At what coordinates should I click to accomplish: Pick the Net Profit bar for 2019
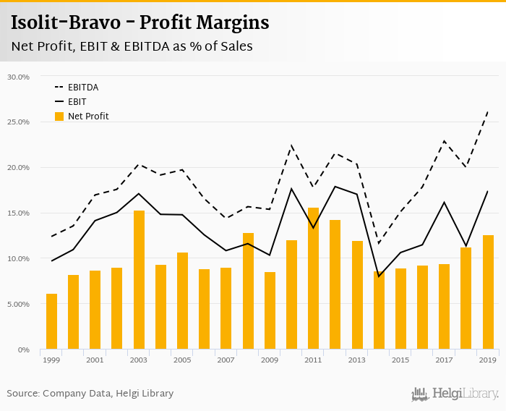point(488,292)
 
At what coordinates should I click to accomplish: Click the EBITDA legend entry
point(83,87)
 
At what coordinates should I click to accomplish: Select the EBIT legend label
point(77,101)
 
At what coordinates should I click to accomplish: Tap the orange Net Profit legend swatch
point(59,116)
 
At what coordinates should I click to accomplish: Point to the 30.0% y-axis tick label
point(17,77)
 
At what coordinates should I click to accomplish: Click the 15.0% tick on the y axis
point(17,213)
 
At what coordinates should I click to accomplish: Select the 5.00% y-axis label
point(17,305)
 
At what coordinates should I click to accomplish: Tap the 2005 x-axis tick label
point(182,360)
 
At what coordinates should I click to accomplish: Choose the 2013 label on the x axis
point(356,360)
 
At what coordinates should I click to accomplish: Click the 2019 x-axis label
point(487,360)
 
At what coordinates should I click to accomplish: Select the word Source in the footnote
point(22,394)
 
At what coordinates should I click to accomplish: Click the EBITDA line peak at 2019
point(488,111)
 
